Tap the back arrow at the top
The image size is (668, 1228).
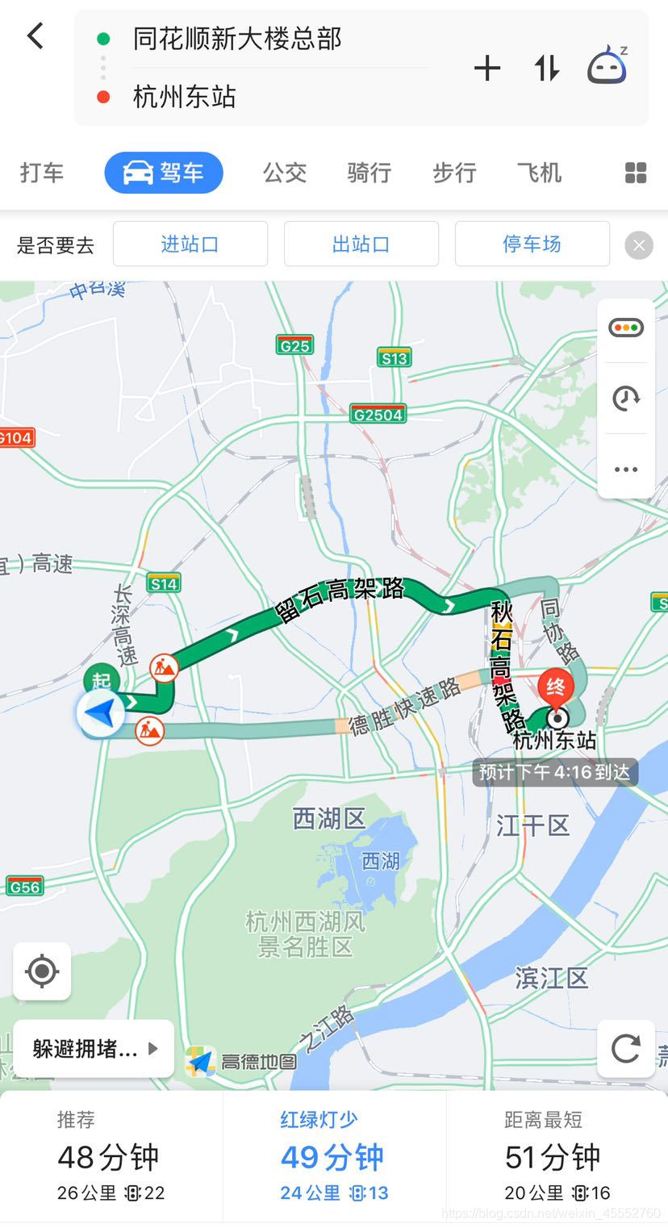pyautogui.click(x=35, y=36)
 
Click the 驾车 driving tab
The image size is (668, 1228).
pyautogui.click(x=164, y=173)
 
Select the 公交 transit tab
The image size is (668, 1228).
pyautogui.click(x=285, y=173)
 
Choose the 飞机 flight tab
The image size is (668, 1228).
pyautogui.click(x=539, y=173)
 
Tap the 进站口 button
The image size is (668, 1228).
pyautogui.click(x=190, y=244)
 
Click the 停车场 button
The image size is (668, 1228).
pyautogui.click(x=532, y=244)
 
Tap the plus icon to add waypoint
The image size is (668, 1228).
pyautogui.click(x=487, y=69)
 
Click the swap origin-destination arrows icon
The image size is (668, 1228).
pyautogui.click(x=546, y=69)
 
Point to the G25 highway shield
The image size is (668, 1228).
pyautogui.click(x=294, y=345)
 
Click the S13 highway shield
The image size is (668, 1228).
pyautogui.click(x=395, y=358)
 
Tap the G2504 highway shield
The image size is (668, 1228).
pyautogui.click(x=378, y=415)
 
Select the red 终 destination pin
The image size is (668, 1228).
pyautogui.click(x=556, y=687)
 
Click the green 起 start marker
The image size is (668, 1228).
pyautogui.click(x=101, y=679)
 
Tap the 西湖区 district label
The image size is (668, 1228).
pyautogui.click(x=329, y=819)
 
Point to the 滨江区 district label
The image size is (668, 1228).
pyautogui.click(x=552, y=978)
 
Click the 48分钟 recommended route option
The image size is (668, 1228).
pyautogui.click(x=111, y=1157)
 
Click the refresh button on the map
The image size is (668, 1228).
pyautogui.click(x=626, y=1048)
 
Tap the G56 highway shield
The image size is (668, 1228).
pyautogui.click(x=24, y=887)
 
